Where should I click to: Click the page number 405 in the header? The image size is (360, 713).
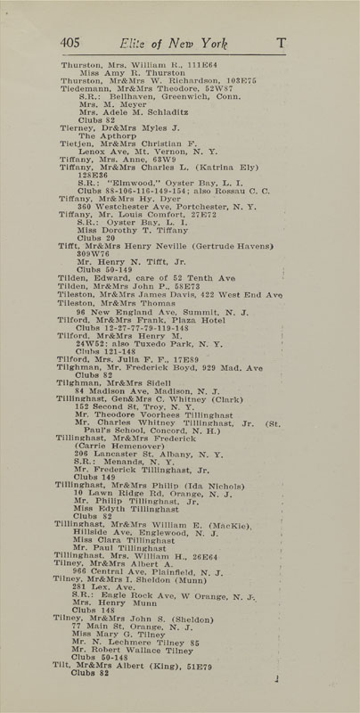(70, 42)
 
